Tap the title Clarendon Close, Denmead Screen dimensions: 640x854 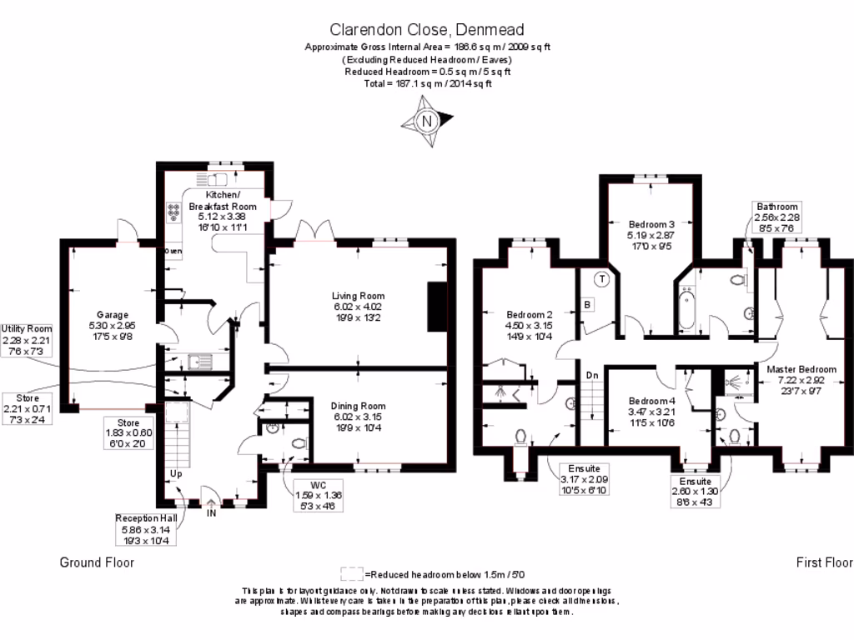click(x=426, y=29)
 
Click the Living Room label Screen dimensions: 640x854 click(x=358, y=296)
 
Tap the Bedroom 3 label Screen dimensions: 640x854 click(x=651, y=224)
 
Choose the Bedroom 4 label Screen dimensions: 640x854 click(x=652, y=399)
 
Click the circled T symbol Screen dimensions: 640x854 click(x=601, y=279)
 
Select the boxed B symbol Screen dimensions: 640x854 click(x=587, y=305)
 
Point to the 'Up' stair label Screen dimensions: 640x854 click(x=176, y=473)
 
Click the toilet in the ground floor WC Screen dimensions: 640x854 click(x=299, y=443)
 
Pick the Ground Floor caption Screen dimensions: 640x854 click(x=97, y=562)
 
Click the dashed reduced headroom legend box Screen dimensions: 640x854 click(x=351, y=574)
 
